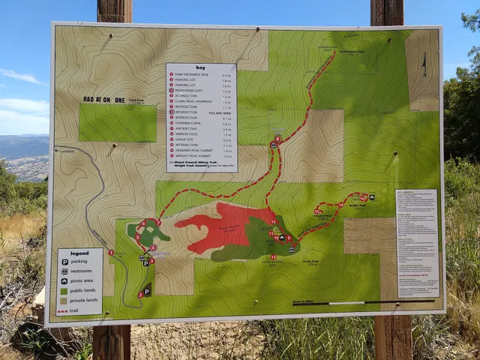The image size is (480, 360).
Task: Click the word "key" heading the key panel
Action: (200, 67)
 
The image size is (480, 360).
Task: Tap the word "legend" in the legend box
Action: (79, 253)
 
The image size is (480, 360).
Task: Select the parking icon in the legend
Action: (65, 262)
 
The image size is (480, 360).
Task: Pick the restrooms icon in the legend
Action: (65, 271)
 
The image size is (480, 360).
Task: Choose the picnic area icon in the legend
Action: (65, 281)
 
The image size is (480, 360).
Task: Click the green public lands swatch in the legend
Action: (65, 290)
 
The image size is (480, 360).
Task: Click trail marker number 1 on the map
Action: (111, 253)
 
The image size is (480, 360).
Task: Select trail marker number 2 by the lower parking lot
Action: (140, 295)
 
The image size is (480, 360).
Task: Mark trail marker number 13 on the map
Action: (273, 257)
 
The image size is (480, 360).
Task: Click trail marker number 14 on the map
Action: (340, 204)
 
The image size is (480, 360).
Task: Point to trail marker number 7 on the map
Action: (158, 223)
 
